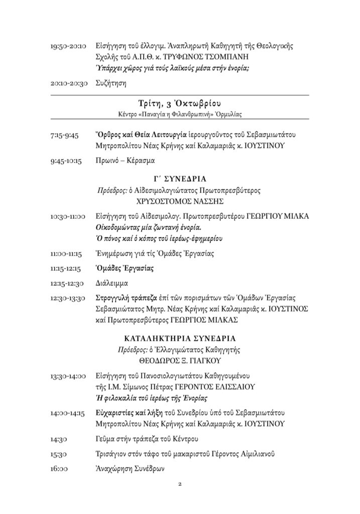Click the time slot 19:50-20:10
[69, 46]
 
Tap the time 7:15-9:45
[65, 136]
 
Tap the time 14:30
[59, 440]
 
